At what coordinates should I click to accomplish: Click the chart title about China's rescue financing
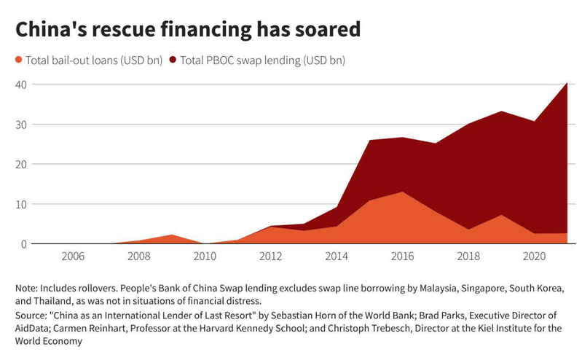pos(188,30)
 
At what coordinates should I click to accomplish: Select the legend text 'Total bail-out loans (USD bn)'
pos(93,60)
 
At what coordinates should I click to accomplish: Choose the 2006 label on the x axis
pos(73,257)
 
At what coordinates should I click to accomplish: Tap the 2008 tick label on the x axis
pos(138,257)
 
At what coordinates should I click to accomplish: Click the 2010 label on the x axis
pos(205,257)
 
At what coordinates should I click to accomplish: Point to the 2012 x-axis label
pos(270,257)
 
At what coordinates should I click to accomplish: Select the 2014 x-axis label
pos(337,257)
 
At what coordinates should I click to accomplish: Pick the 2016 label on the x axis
pos(402,257)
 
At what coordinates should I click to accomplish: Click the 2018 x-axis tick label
pos(468,257)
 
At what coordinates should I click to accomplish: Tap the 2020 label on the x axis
pos(534,257)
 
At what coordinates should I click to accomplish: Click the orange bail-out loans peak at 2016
pos(402,194)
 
